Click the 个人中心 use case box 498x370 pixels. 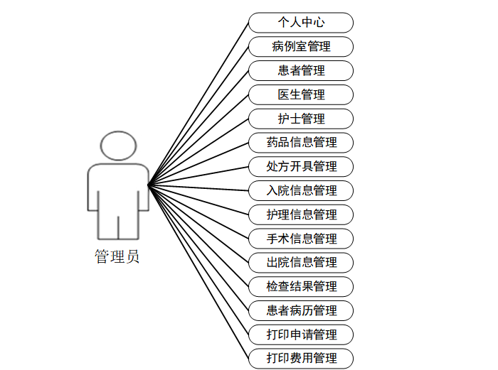click(301, 23)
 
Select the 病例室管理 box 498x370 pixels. click(301, 47)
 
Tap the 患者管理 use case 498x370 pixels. click(301, 71)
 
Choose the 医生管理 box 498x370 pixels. click(301, 94)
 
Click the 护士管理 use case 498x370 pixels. click(301, 119)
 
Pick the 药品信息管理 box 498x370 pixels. click(301, 142)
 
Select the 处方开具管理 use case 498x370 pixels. click(301, 166)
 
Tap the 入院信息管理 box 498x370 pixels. click(301, 190)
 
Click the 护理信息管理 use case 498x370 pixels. click(301, 214)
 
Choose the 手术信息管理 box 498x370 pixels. click(301, 239)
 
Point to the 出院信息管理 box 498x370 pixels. click(301, 262)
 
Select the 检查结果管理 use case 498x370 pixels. click(301, 286)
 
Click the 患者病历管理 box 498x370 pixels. click(301, 310)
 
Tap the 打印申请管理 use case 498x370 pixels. click(301, 334)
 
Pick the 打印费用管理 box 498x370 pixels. click(301, 358)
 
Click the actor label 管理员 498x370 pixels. click(117, 257)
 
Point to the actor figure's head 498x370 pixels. click(118, 145)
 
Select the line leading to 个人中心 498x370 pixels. click(198, 104)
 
